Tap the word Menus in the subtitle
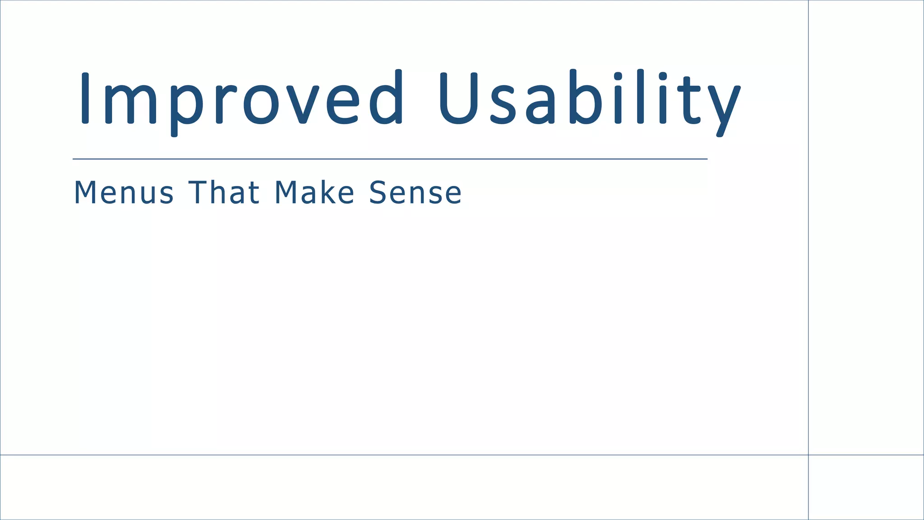(x=124, y=193)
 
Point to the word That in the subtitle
(x=224, y=193)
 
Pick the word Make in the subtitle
(x=314, y=193)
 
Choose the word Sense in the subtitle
(x=416, y=193)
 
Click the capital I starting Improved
(x=84, y=97)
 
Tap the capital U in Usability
(x=457, y=97)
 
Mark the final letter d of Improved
(x=386, y=97)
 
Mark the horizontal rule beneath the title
(x=390, y=159)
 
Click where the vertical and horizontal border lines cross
(x=808, y=455)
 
